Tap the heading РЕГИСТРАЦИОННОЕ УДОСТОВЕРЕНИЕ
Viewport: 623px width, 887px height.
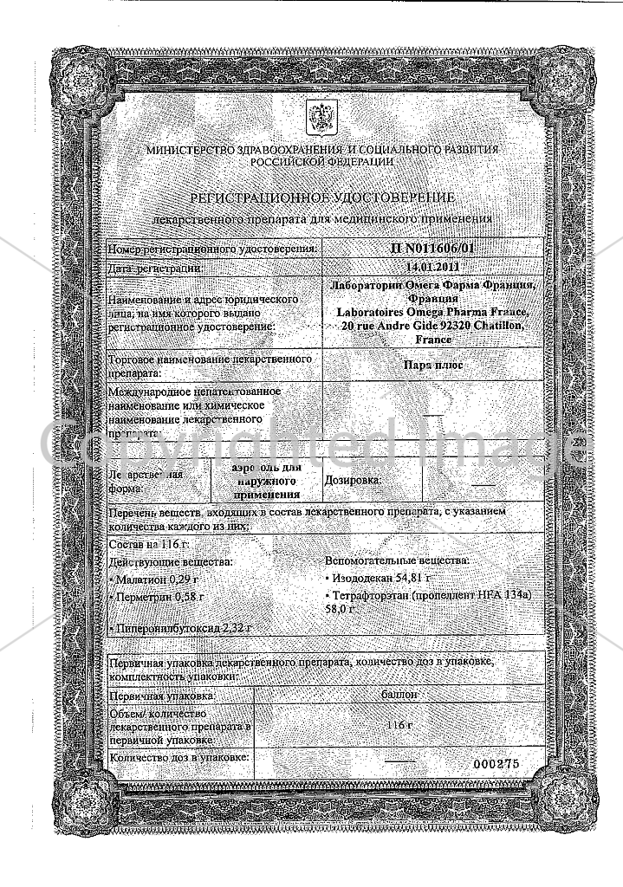tap(323, 198)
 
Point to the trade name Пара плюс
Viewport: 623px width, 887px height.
tap(433, 366)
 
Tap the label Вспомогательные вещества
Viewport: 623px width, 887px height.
tap(397, 560)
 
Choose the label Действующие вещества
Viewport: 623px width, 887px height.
tap(160, 561)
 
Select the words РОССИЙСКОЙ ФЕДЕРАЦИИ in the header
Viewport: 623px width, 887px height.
tap(323, 161)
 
